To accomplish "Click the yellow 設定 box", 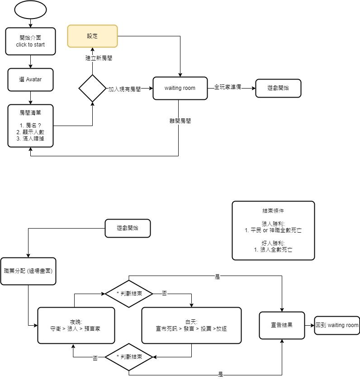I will (x=92, y=36).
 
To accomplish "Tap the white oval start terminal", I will (x=30, y=10).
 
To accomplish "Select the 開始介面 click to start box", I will (x=30, y=41).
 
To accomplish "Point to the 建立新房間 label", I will (x=99, y=58).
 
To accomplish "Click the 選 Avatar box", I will (x=30, y=80).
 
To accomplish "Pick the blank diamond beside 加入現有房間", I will (x=92, y=88).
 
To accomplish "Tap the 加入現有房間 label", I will (x=124, y=89).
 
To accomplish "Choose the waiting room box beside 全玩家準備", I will (x=180, y=88).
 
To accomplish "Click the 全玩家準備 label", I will (x=227, y=87).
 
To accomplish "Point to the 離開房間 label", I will (x=180, y=121).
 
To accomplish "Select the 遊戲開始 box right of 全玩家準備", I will (x=278, y=88).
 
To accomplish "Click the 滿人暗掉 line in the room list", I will (x=30, y=139).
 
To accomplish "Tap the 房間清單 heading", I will (x=30, y=112).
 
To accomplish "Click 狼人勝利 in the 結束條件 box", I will (x=273, y=224).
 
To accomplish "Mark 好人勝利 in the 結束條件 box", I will (x=273, y=243).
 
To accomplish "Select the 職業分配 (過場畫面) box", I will (x=28, y=271).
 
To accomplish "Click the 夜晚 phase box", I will (x=76, y=325).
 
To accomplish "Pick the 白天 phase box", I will (x=191, y=325).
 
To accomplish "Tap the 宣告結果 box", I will (x=282, y=325).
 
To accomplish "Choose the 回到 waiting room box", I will (x=337, y=325).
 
